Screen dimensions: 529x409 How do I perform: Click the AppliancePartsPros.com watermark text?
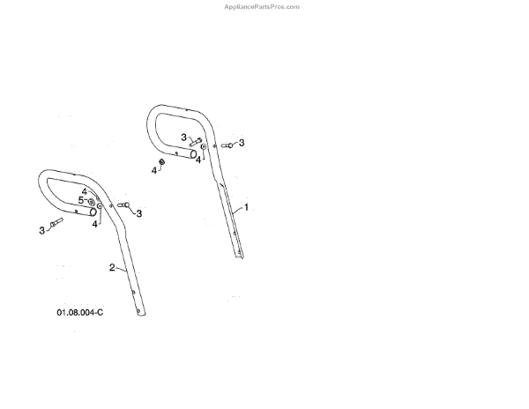click(264, 6)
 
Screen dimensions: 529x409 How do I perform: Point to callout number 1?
click(246, 207)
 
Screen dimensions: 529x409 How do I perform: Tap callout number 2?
click(112, 266)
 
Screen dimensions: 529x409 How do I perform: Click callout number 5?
click(80, 200)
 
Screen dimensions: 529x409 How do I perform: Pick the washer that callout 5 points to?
click(92, 202)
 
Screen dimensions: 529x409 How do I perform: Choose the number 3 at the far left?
click(41, 230)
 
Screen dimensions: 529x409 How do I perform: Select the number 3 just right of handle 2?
click(138, 213)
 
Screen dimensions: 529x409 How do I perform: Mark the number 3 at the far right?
click(242, 142)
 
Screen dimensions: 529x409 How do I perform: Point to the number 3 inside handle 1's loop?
click(184, 137)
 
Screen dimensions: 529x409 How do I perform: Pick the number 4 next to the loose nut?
click(153, 170)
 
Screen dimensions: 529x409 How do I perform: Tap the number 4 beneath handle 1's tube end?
click(198, 160)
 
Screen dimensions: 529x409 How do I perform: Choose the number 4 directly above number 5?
click(85, 191)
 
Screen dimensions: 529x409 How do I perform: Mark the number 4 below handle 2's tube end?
click(94, 224)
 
